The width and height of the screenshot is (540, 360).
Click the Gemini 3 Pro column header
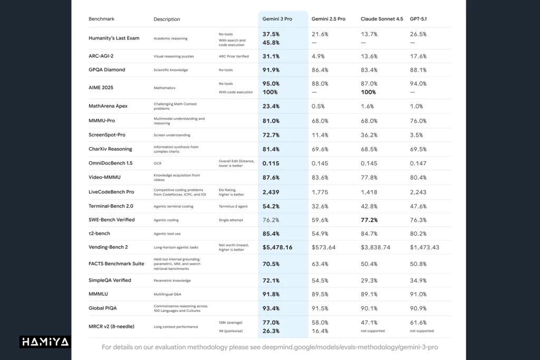point(277,19)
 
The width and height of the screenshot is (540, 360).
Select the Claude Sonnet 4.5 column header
point(382,19)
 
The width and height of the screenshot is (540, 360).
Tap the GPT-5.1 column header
point(418,19)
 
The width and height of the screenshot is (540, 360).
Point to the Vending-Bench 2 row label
point(108,247)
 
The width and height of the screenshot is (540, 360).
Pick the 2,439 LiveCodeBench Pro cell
point(271,192)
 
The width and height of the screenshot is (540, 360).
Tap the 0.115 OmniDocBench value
point(271,163)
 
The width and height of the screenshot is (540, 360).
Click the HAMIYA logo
point(45,342)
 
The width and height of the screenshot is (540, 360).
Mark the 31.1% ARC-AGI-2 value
point(271,56)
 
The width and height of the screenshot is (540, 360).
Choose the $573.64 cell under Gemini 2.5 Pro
point(324,247)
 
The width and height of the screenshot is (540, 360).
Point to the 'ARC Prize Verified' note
point(235,56)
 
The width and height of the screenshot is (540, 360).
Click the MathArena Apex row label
point(108,106)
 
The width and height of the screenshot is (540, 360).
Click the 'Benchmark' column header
point(101,19)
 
